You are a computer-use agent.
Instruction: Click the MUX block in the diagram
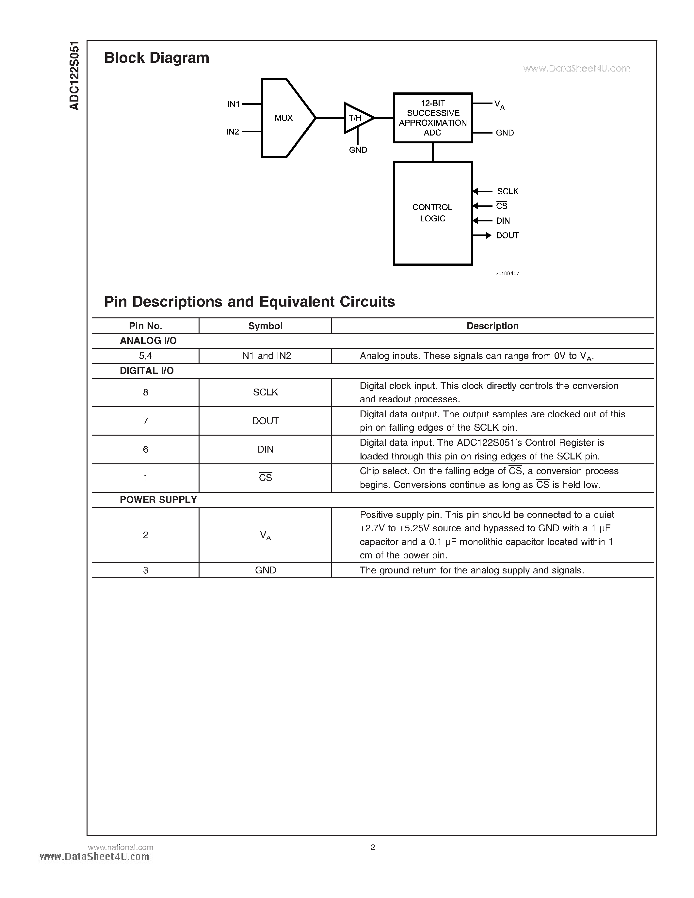[x=284, y=118]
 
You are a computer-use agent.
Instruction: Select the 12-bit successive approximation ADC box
[x=432, y=118]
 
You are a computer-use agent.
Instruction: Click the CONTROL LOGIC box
[x=432, y=213]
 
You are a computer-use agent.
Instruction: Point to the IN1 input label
[x=233, y=104]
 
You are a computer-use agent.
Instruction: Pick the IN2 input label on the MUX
[x=233, y=132]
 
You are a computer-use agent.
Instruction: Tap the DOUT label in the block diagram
[x=507, y=235]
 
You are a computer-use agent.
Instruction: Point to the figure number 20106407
[x=507, y=273]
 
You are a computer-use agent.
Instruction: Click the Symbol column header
[x=265, y=326]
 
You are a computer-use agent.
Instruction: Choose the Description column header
[x=492, y=326]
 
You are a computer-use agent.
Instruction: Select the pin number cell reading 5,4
[x=146, y=356]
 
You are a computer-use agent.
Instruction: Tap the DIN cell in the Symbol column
[x=265, y=449]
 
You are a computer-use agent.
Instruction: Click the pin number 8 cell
[x=146, y=392]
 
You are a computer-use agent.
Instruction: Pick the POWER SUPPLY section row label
[x=158, y=500]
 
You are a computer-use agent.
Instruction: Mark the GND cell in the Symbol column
[x=265, y=570]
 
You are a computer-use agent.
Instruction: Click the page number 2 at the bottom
[x=373, y=847]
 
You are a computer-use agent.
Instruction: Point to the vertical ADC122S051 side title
[x=74, y=76]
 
